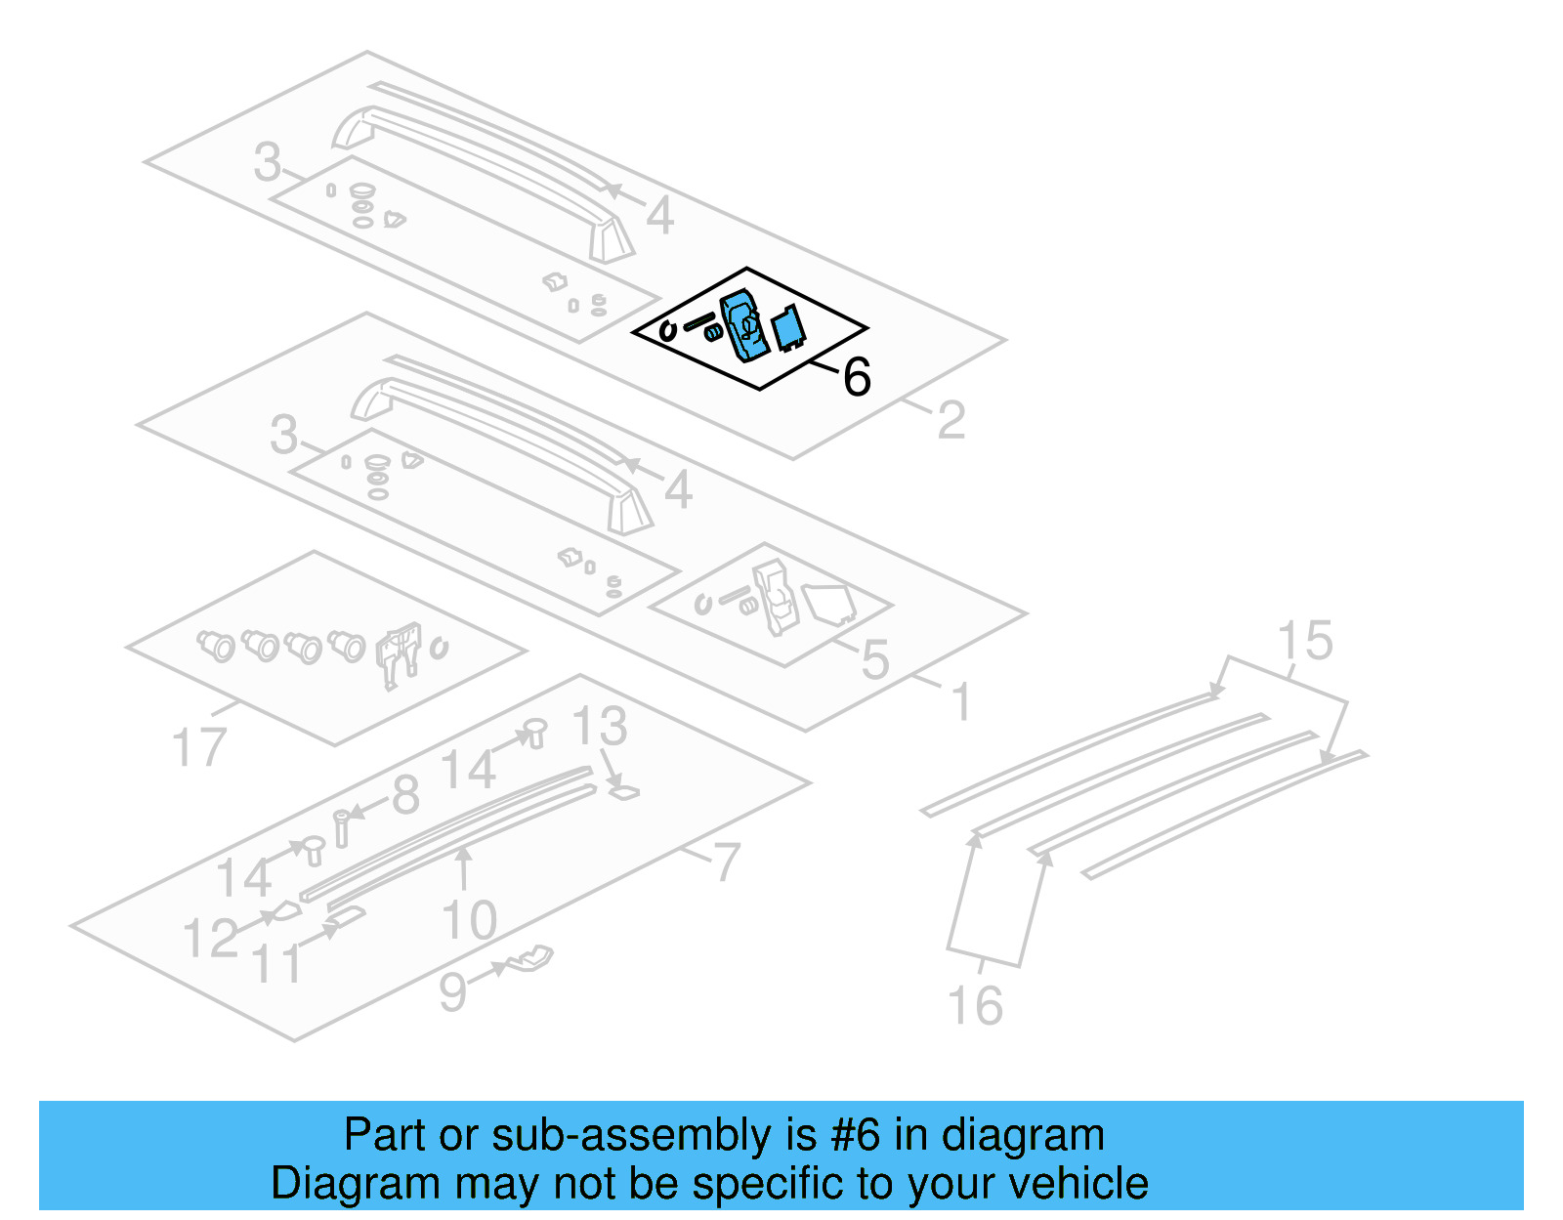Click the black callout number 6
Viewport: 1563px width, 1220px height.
point(857,377)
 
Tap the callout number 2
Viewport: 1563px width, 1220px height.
point(950,421)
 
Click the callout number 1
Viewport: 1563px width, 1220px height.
point(961,702)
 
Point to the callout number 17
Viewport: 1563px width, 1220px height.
point(198,747)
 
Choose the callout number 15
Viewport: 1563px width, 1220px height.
point(1304,641)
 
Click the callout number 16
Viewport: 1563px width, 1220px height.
point(975,1006)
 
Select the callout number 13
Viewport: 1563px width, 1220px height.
point(599,727)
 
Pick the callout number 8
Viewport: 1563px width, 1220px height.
point(405,795)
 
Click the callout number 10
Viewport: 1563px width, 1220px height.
point(469,920)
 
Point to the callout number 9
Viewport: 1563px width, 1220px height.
point(452,992)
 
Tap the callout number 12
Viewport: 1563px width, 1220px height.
point(210,939)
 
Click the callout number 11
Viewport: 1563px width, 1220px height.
point(277,964)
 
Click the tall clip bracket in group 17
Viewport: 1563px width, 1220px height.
point(399,652)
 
